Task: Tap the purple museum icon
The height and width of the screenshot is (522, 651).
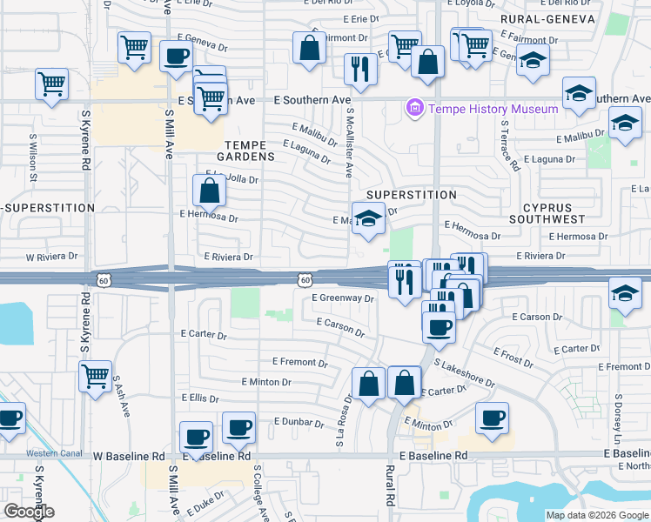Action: pyautogui.click(x=414, y=109)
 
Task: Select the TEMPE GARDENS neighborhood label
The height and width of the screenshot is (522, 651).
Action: pyautogui.click(x=250, y=151)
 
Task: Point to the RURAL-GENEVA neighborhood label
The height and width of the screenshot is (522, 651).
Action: pyautogui.click(x=547, y=18)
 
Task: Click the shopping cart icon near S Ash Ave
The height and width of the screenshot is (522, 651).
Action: pyautogui.click(x=95, y=376)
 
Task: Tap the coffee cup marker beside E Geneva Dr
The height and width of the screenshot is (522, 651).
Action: pyautogui.click(x=177, y=57)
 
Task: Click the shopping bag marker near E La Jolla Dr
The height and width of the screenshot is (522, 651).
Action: pyautogui.click(x=210, y=189)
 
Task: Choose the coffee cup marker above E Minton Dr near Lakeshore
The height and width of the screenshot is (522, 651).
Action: pyautogui.click(x=492, y=417)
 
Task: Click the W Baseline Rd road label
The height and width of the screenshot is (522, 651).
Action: pyautogui.click(x=129, y=456)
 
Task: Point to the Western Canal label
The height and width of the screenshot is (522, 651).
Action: pyautogui.click(x=48, y=453)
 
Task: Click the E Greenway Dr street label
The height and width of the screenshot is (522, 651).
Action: pyautogui.click(x=343, y=298)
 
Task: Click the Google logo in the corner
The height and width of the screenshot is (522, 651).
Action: pyautogui.click(x=29, y=512)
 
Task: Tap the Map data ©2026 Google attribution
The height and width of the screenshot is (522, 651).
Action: pyautogui.click(x=597, y=515)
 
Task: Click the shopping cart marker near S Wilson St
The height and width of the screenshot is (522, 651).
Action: pyautogui.click(x=51, y=84)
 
